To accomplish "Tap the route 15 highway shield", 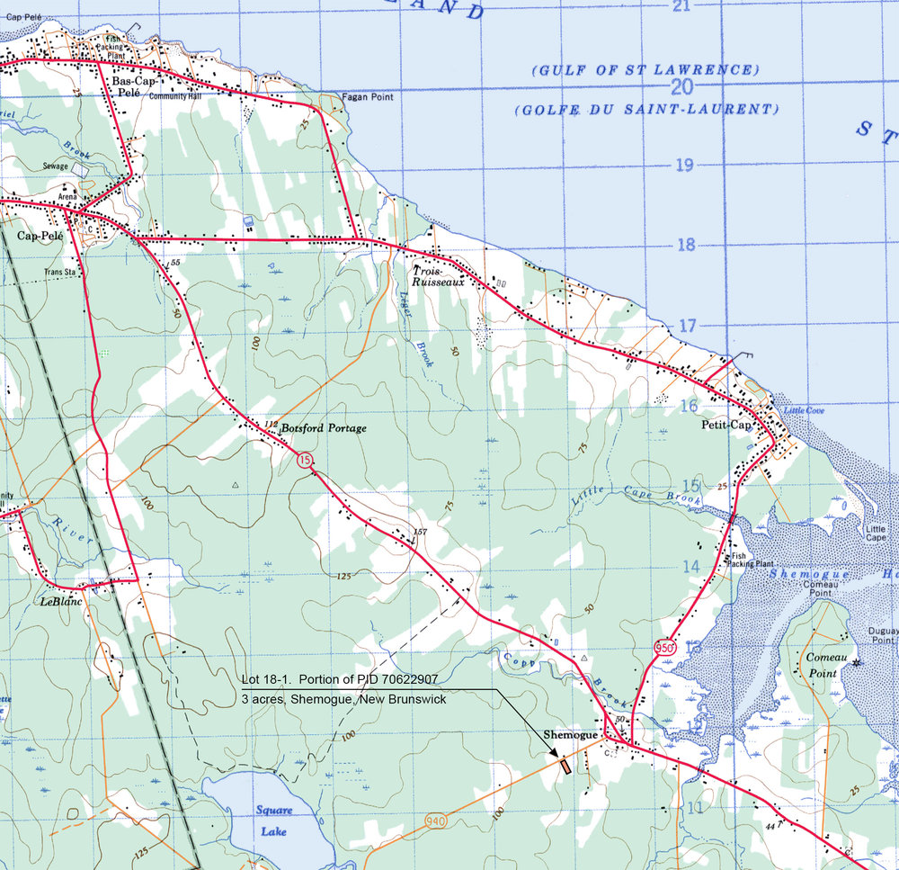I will coord(307,461).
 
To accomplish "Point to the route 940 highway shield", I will coord(432,821).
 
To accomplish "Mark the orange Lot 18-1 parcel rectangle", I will coord(565,767).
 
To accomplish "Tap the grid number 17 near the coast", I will coord(688,326).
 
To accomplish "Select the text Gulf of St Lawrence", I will coord(645,69).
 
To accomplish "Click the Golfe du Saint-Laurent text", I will coord(645,109).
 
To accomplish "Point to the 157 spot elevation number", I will coord(418,534).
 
